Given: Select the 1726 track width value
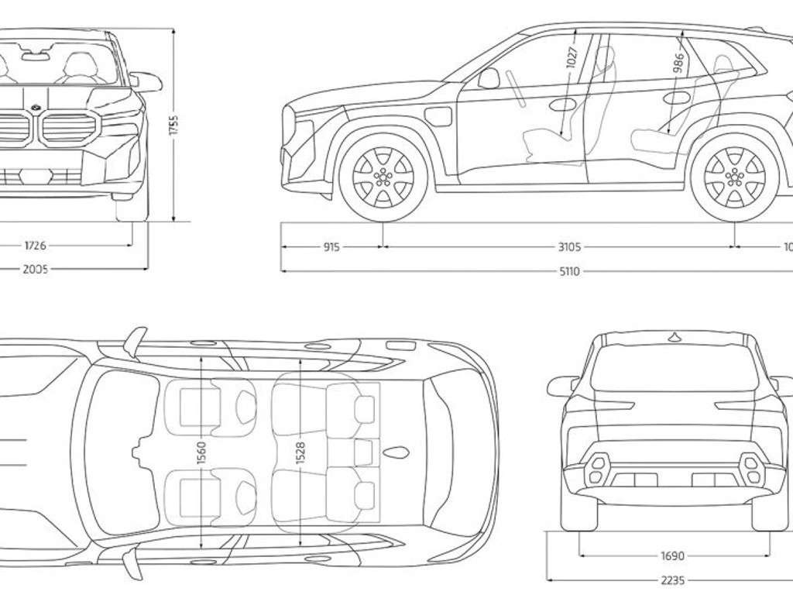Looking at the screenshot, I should click(36, 246).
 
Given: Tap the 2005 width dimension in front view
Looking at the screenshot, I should click(36, 270).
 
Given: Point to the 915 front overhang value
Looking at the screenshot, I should click(331, 247).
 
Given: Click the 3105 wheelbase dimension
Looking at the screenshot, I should click(569, 247).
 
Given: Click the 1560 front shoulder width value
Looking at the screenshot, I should click(201, 452).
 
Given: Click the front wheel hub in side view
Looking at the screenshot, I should click(383, 177).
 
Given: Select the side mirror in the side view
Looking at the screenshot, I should click(489, 78).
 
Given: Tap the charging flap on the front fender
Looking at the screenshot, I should click(440, 117).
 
